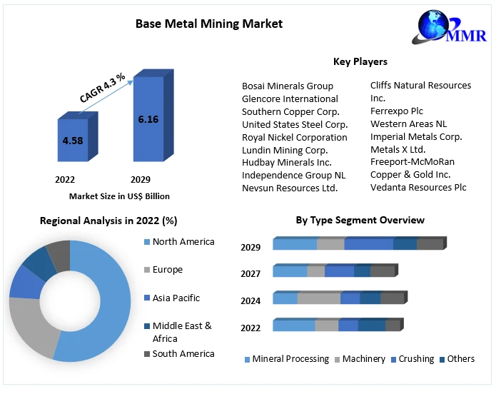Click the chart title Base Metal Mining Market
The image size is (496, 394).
pos(209,24)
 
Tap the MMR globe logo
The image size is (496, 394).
pos(442,28)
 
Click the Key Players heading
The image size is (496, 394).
pos(360,62)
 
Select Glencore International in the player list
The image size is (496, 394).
pos(290,98)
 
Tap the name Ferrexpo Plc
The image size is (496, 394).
pos(397,111)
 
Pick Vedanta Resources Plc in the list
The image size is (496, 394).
pos(418,187)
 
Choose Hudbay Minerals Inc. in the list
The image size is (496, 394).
pos(286,162)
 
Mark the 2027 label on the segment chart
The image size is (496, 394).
pos(250,273)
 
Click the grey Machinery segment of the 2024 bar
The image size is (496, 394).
pos(318,298)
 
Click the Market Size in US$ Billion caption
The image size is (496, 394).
pos(119,196)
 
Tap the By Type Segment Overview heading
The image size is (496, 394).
pos(360,220)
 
